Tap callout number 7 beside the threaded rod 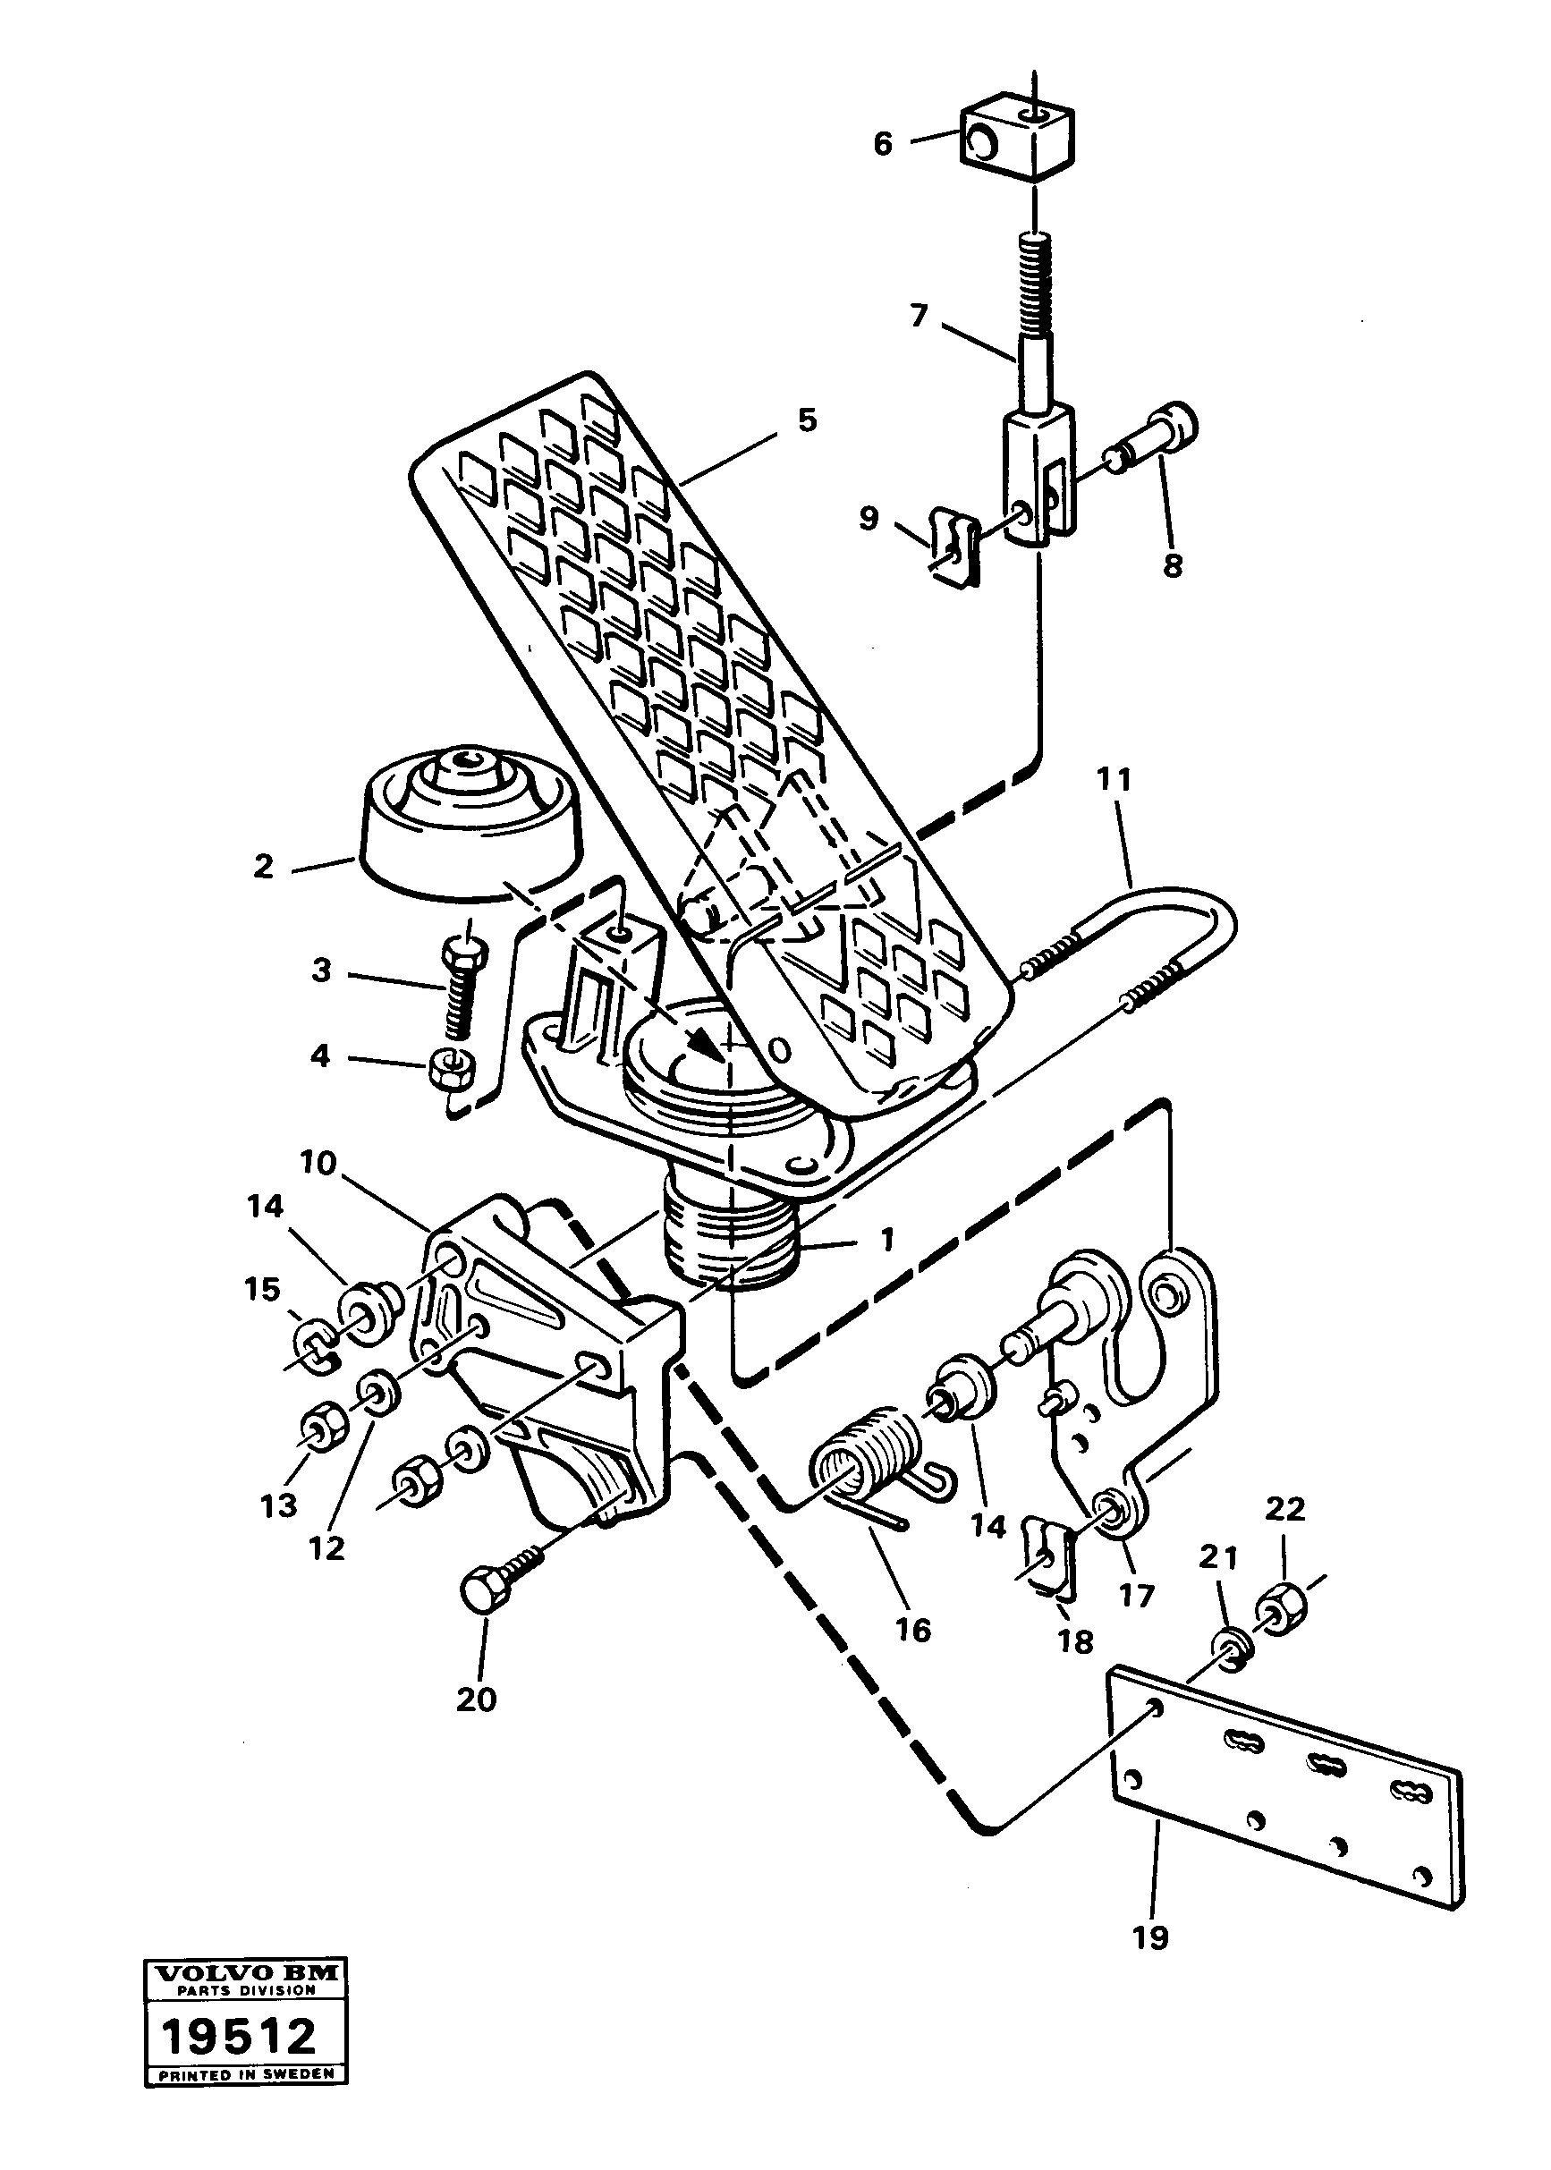[x=919, y=315]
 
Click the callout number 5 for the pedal [x=807, y=420]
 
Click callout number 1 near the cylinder [x=886, y=1241]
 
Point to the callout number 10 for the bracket [x=318, y=1165]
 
